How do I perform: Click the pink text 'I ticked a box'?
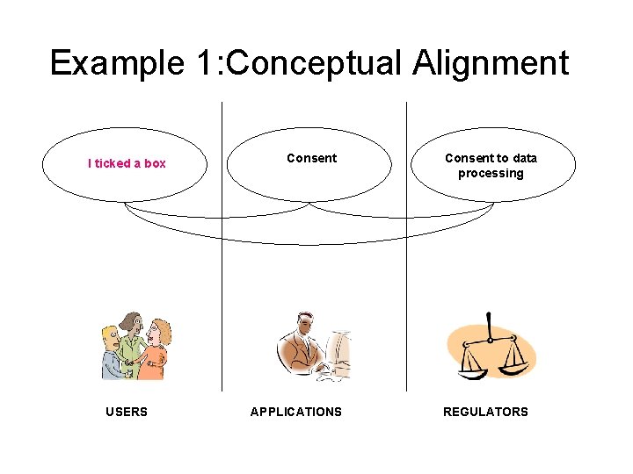click(127, 163)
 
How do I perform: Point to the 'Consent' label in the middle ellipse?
click(311, 159)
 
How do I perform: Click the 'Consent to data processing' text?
click(491, 166)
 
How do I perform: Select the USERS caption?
click(127, 412)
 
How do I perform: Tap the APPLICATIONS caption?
click(296, 412)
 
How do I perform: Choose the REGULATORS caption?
click(485, 412)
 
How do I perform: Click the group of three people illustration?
click(135, 346)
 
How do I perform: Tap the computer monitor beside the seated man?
click(338, 350)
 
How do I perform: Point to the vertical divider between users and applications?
click(222, 263)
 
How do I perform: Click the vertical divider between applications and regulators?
click(407, 263)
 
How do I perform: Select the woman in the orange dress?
click(156, 350)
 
